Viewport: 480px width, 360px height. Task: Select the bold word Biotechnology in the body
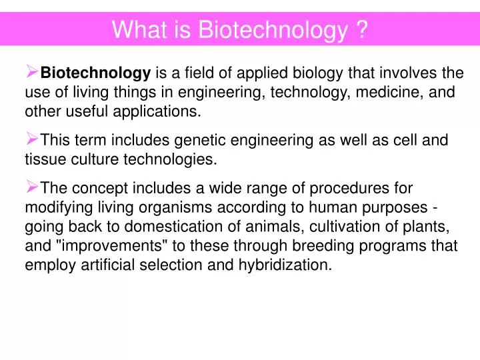[95, 73]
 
